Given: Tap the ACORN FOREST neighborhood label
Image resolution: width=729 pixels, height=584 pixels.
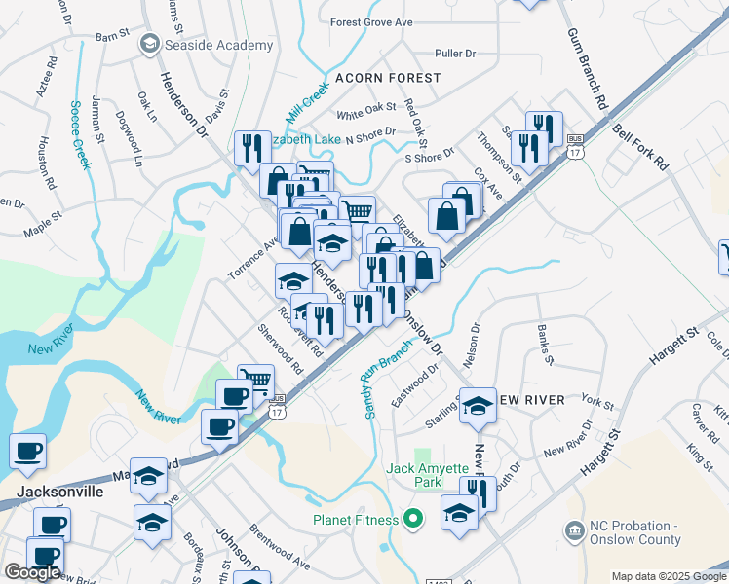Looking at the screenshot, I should pyautogui.click(x=388, y=77).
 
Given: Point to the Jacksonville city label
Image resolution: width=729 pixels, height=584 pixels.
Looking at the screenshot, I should pyautogui.click(x=59, y=492).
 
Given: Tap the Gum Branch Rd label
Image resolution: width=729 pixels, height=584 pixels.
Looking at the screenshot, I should pyautogui.click(x=588, y=68).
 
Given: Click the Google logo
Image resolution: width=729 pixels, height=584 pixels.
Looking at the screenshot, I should pyautogui.click(x=32, y=572).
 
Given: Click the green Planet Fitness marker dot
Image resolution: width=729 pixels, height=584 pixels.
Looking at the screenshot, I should pyautogui.click(x=412, y=519).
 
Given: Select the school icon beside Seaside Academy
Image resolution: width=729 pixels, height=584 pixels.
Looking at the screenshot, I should pyautogui.click(x=149, y=44).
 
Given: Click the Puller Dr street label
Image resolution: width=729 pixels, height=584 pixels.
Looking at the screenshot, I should pyautogui.click(x=455, y=55).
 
